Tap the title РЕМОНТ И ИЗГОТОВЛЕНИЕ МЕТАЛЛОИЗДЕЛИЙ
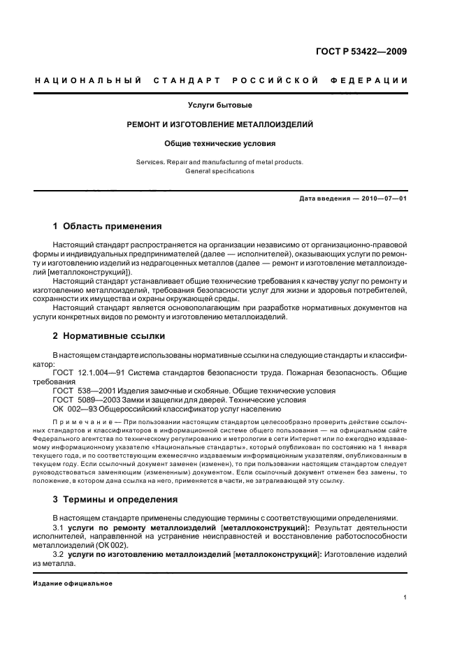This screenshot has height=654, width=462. [x=219, y=124]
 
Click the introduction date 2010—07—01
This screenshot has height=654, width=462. [x=384, y=198]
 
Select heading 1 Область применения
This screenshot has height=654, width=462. [x=108, y=226]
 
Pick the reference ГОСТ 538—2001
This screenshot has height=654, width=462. [x=85, y=391]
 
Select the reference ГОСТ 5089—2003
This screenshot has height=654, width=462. [x=87, y=400]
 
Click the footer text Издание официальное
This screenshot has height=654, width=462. [x=73, y=583]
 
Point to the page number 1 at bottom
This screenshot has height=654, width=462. [x=405, y=597]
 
